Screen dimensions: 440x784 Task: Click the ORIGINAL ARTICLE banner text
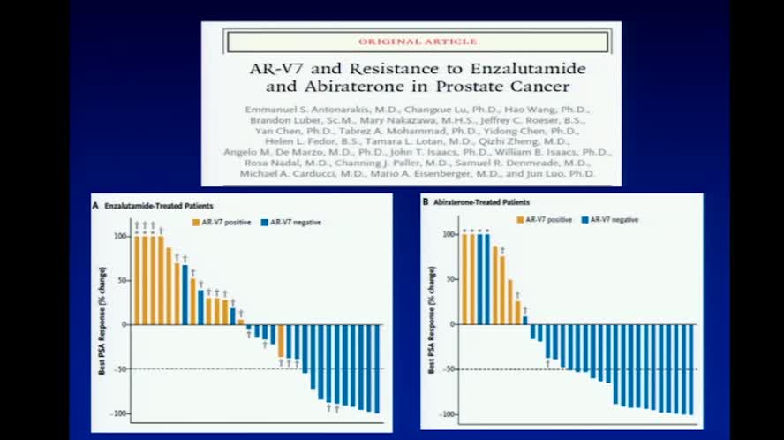[418, 41]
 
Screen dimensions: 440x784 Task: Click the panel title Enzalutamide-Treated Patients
[150, 204]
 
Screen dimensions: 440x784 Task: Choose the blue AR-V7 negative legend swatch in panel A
[265, 222]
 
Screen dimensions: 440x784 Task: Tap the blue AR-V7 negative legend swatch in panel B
[585, 217]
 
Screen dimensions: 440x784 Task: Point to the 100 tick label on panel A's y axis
[121, 237]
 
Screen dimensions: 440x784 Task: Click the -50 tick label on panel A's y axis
[120, 369]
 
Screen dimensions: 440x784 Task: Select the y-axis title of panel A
[102, 324]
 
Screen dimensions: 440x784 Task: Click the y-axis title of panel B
[431, 324]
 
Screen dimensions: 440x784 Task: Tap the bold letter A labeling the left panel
[95, 204]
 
